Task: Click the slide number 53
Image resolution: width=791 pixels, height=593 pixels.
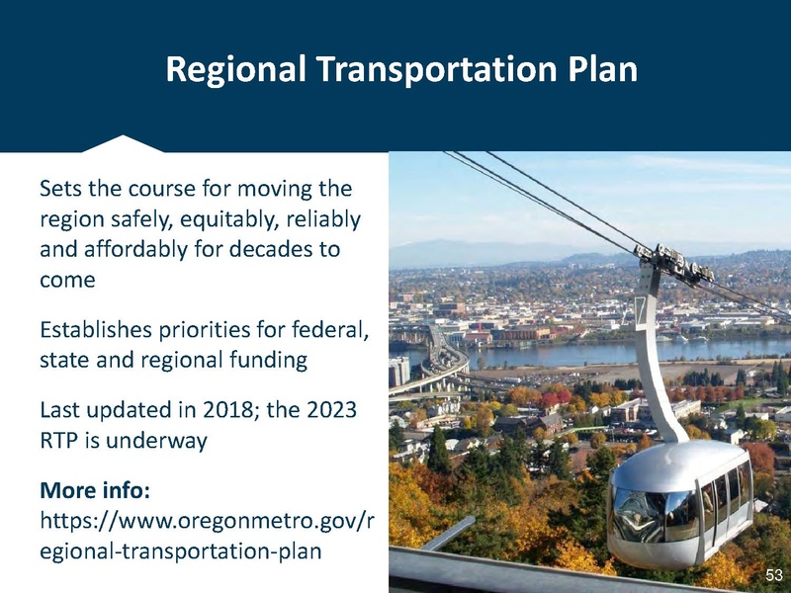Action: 774,574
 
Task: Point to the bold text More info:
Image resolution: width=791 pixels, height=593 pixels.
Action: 100,490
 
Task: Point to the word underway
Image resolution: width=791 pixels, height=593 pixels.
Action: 158,441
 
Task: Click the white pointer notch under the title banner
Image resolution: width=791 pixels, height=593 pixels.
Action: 123,143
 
